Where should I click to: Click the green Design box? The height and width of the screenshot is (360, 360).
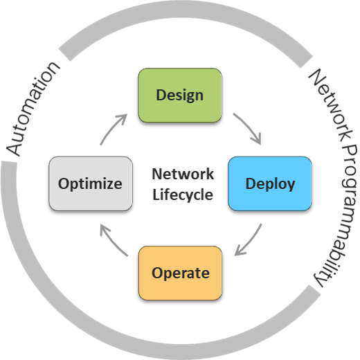180,95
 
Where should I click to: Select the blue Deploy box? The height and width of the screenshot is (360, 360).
270,183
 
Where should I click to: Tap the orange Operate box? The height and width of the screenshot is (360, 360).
180,272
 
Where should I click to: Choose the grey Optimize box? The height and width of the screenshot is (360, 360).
90,183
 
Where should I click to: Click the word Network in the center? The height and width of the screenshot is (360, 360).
183,174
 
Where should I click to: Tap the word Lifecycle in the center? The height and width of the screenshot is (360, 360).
183,195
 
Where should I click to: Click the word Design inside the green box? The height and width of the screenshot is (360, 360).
180,95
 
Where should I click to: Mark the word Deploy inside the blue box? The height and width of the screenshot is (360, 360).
270,183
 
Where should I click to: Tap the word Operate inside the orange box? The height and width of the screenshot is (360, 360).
180,272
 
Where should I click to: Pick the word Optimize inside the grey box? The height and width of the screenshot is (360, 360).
90,183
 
